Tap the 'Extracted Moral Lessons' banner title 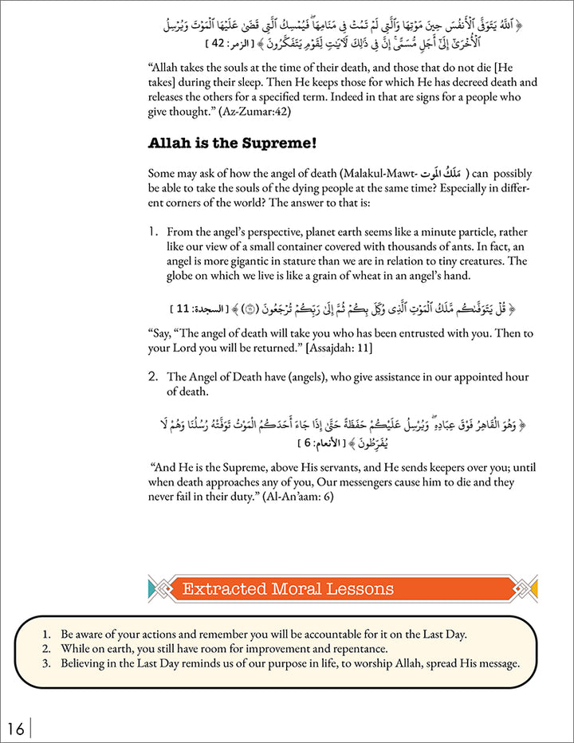click(288, 589)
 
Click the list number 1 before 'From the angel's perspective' click(154, 231)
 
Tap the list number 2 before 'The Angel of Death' click(154, 376)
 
